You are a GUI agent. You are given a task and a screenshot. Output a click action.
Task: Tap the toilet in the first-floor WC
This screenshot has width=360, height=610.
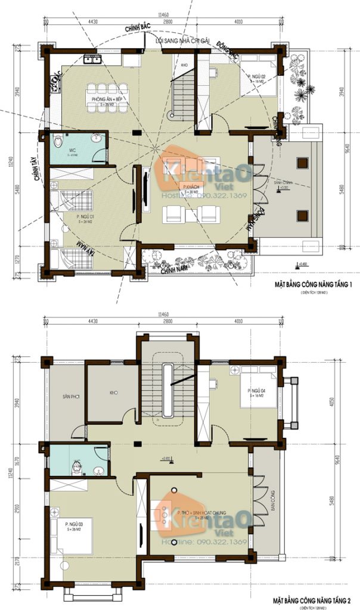coord(58,142)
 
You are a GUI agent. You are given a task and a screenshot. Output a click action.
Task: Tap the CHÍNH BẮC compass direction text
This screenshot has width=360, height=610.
coord(136,29)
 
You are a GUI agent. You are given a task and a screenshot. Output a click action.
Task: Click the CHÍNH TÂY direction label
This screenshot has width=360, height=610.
coord(40,169)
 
